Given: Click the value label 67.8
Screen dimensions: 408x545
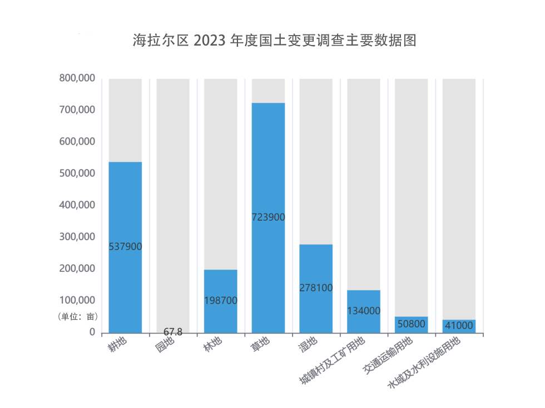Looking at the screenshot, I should tap(173, 332).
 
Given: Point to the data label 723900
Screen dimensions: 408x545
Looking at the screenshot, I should tap(268, 217).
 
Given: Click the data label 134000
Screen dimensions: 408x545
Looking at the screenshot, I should tap(364, 311).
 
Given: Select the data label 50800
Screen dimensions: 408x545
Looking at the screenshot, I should tap(412, 324).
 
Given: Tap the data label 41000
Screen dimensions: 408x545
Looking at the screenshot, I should tap(459, 326).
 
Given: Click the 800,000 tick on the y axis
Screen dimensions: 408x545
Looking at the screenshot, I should tap(77, 78).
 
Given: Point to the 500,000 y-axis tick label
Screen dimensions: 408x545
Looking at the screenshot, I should tap(77, 173).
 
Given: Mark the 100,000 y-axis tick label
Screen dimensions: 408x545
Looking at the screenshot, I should tap(77, 300).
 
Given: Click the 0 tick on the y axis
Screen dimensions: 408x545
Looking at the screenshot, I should tap(92, 332).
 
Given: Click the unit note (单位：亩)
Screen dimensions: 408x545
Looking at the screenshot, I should tap(78, 317).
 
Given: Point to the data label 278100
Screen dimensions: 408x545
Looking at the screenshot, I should tap(316, 288).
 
